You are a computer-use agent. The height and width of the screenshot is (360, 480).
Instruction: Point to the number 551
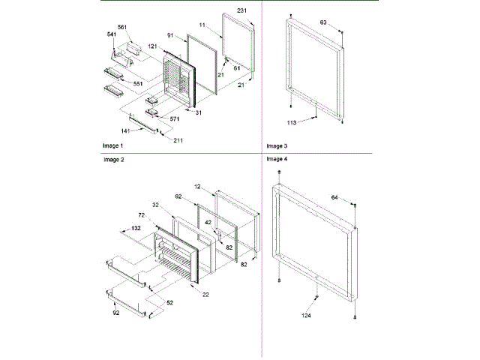pos(138,83)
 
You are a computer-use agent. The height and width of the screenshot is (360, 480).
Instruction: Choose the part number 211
pos(178,140)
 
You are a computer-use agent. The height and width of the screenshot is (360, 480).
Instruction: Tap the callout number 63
pos(322,23)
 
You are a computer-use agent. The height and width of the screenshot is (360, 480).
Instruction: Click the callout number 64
pos(334,198)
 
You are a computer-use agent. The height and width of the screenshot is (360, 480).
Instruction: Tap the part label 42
pos(210,222)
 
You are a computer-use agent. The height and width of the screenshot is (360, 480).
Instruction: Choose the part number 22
pos(205,293)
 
